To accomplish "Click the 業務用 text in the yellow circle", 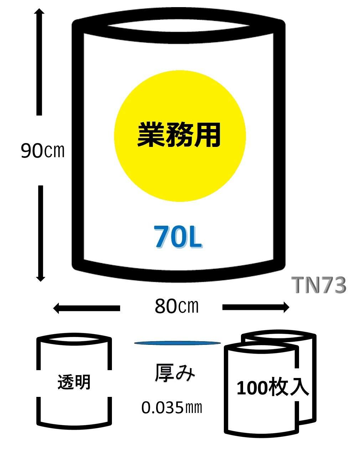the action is point(179,135).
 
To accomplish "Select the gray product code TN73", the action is point(319,286).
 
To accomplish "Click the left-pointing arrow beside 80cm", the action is point(86,308).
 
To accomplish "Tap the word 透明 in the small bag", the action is point(74,382).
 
